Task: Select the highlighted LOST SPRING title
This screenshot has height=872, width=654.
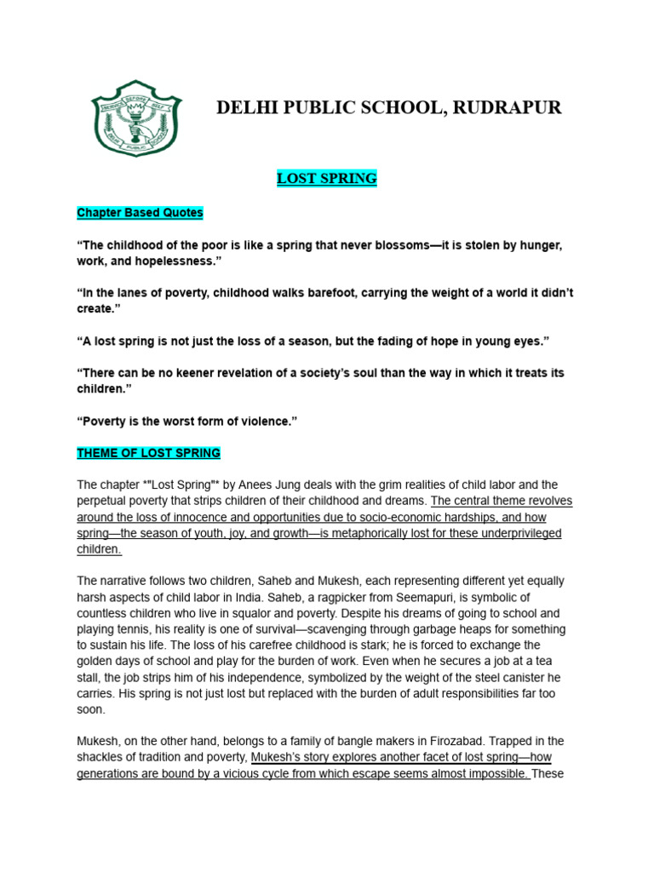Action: (x=327, y=179)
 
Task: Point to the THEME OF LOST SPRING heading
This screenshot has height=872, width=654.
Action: (x=149, y=452)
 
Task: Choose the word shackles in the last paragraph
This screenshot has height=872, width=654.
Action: (x=101, y=757)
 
